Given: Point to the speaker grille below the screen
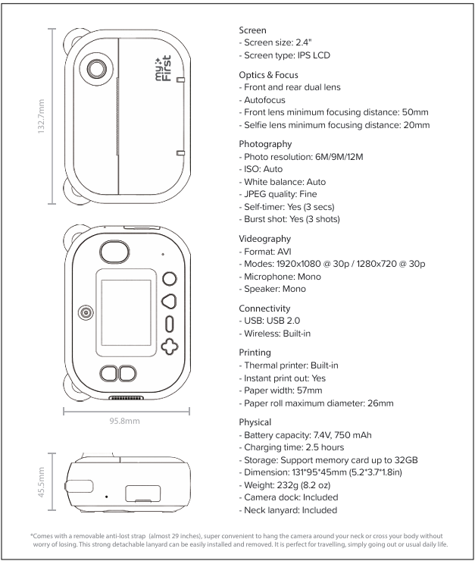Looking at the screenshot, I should click(126, 398).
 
